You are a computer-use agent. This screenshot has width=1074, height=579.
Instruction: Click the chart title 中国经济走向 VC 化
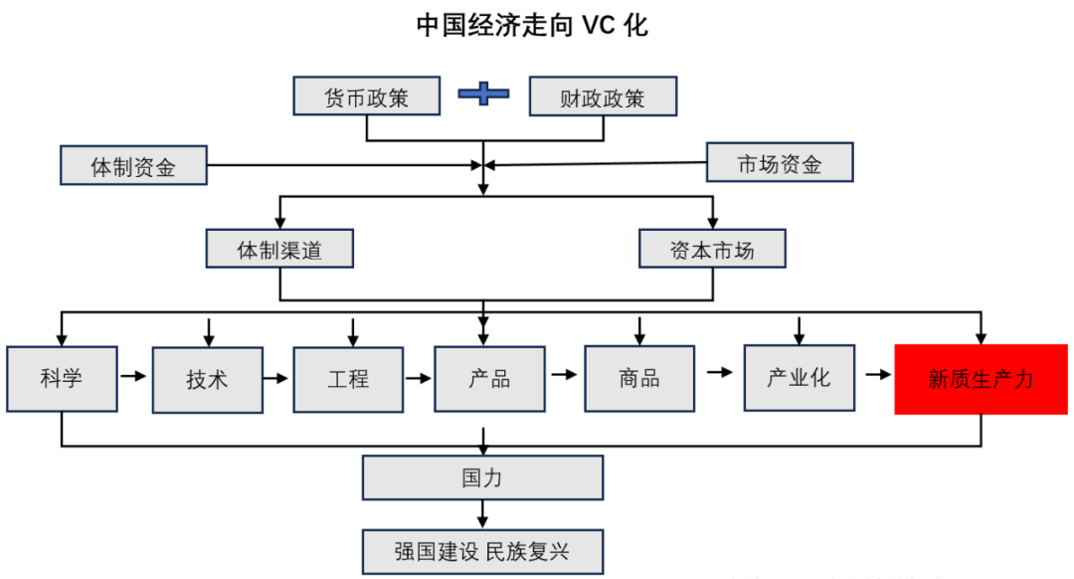[532, 25]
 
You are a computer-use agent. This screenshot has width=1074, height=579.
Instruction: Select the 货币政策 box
[367, 96]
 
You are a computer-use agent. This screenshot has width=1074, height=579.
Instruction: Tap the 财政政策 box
[602, 96]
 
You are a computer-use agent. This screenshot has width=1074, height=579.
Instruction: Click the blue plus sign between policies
[483, 95]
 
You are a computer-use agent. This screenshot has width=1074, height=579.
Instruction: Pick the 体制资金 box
[133, 165]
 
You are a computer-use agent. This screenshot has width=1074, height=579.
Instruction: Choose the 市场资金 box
[780, 162]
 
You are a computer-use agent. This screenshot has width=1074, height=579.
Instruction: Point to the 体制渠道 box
[279, 249]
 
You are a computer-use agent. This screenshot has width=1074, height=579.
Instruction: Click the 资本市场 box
[712, 249]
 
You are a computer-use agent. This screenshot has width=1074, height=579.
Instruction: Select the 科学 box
[62, 378]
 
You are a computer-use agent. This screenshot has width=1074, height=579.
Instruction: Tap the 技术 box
[207, 379]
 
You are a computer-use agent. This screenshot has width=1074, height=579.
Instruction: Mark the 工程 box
[348, 379]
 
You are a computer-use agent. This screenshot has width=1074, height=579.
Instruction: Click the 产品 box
[489, 379]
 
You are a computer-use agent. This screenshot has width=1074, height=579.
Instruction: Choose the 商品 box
[638, 379]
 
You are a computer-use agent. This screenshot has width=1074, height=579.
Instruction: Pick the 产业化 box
[799, 377]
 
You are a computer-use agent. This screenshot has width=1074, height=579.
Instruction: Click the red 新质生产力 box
[981, 379]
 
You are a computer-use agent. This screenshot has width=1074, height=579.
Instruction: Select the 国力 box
[482, 478]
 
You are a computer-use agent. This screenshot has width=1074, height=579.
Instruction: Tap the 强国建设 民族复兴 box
[482, 548]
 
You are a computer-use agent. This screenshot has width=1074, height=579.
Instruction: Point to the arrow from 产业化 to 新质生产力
[876, 375]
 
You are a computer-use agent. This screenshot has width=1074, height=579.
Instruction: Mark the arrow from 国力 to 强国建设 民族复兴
[483, 513]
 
